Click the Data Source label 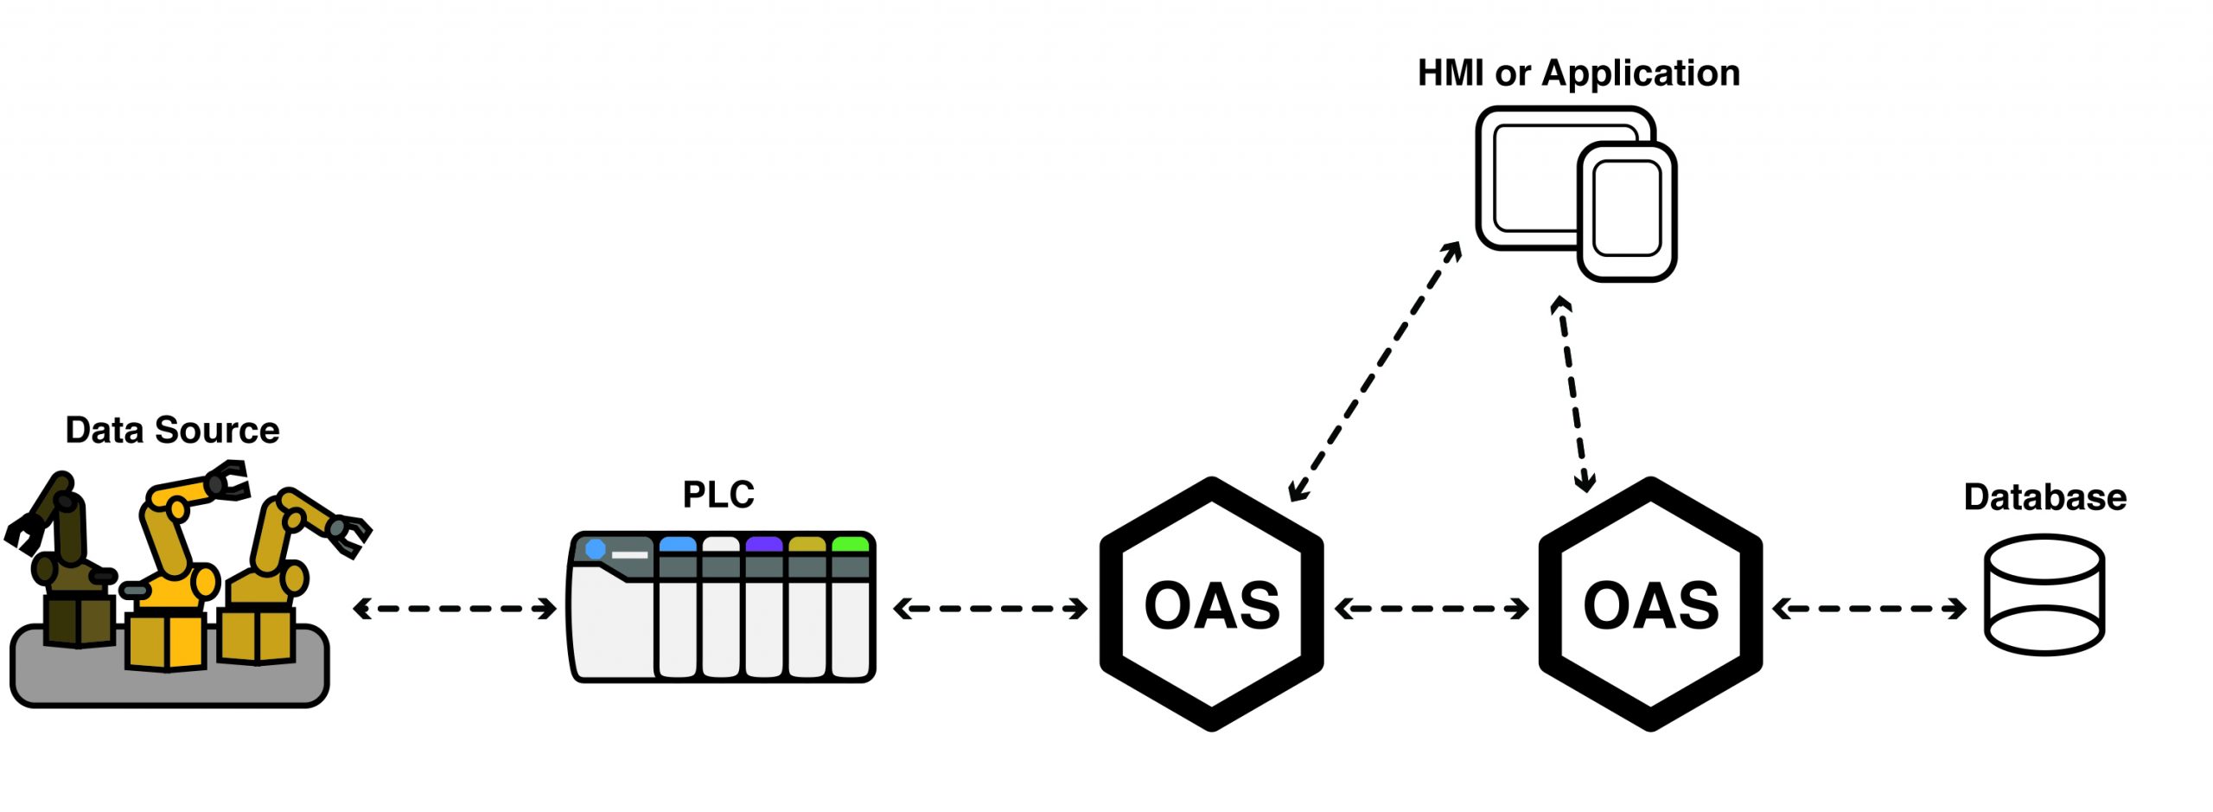172,431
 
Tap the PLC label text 718,496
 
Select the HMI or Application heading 1578,74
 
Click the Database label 2044,498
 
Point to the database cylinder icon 2044,595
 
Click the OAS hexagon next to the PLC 1211,604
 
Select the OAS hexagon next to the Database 1650,604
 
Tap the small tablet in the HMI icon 1627,211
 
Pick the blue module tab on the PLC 678,545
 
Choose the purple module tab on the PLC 764,545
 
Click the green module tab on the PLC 850,545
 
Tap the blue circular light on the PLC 596,549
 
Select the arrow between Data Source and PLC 455,609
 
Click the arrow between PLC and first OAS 991,609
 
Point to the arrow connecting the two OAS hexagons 1432,609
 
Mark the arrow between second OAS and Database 1869,609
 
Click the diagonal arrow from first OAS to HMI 1374,372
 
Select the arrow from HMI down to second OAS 1573,394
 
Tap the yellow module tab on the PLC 807,545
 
